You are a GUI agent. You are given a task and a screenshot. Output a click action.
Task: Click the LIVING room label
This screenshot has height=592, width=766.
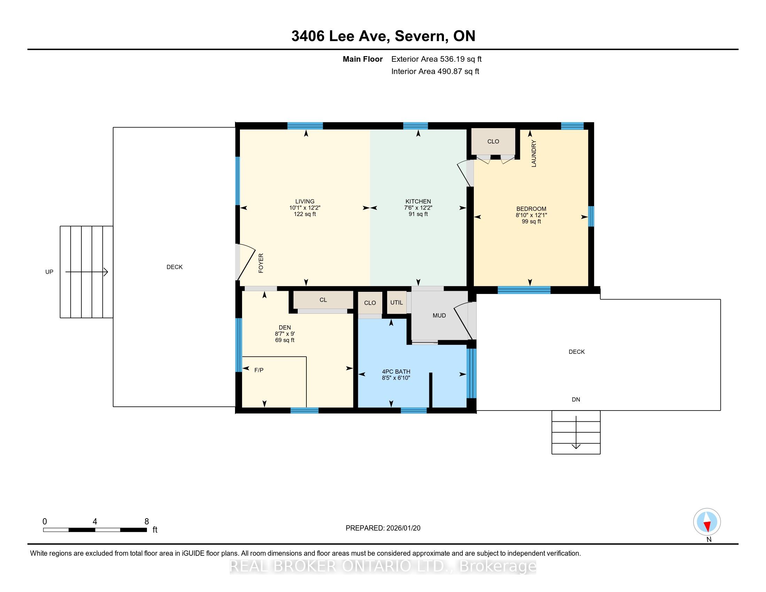pos(305,201)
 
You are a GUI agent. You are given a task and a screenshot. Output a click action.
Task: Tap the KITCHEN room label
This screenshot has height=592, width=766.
pos(418,201)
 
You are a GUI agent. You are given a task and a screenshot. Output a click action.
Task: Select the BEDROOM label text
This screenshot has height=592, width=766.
pos(531,209)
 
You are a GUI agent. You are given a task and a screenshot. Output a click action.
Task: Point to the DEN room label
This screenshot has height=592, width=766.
pos(285,328)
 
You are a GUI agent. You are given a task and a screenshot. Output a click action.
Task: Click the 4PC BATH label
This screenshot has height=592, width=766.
pos(396,372)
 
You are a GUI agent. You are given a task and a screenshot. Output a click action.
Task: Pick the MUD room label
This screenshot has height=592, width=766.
pos(439,316)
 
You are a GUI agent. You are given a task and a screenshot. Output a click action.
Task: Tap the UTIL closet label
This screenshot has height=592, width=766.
pos(397,302)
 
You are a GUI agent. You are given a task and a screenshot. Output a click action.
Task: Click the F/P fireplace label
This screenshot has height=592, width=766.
pos(259,370)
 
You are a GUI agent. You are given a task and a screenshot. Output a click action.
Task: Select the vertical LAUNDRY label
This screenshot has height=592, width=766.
pos(534,154)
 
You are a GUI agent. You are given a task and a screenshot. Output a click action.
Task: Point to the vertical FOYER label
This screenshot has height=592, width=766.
pos(261,263)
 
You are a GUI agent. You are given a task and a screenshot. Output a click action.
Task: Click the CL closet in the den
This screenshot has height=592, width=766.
pos(323,300)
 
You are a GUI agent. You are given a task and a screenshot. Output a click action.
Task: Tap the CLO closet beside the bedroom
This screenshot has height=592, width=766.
pos(493,141)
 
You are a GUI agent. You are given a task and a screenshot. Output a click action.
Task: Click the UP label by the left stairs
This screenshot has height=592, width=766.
pos(49,272)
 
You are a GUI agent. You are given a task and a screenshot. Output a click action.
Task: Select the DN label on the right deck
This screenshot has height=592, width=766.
pos(576,399)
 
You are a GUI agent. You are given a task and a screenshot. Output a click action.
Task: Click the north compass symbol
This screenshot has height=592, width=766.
pos(707,522)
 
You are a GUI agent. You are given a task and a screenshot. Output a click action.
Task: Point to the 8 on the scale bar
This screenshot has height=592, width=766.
pos(147,522)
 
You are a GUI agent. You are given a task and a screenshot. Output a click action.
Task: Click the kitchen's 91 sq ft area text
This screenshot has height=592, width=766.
pos(418,214)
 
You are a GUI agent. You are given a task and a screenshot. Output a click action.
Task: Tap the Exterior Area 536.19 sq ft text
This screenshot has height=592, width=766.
pos(436,59)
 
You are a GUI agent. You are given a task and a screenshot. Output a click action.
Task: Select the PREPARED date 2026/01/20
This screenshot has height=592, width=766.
pos(403,528)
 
